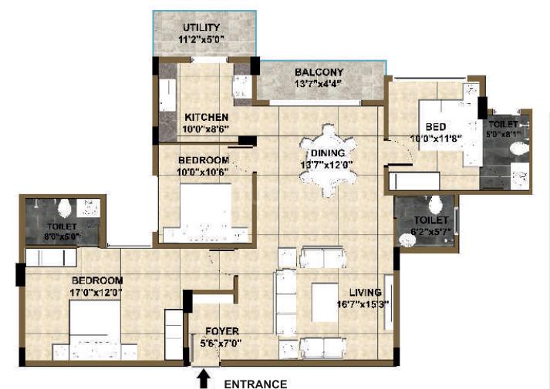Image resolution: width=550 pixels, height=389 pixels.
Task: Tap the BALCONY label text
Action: pos(319,72)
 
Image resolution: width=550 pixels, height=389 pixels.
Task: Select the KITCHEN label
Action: pos(207,117)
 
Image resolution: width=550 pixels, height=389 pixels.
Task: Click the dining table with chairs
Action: pos(329,161)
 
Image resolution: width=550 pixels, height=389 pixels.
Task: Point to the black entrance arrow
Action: pos(204,380)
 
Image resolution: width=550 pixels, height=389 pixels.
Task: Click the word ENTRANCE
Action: pos(255,384)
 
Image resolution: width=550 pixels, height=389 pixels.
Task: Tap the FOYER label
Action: pos(222,331)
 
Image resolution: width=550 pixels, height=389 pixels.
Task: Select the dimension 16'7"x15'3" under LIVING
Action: pos(363,304)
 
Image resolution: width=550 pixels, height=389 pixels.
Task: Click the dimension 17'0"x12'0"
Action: pos(96,293)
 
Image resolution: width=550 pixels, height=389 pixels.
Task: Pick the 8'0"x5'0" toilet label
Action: pos(62,236)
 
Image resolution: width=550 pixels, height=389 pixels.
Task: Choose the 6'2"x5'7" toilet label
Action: pos(430,231)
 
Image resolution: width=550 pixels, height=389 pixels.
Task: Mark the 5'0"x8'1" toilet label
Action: pos(504,134)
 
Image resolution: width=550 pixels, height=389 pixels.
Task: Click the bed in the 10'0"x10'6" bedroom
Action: pos(206,213)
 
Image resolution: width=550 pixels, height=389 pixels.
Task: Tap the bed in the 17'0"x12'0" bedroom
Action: pos(95,330)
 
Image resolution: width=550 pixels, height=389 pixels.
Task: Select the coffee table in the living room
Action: pos(326,303)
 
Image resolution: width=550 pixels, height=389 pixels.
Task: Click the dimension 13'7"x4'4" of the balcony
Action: pos(319,84)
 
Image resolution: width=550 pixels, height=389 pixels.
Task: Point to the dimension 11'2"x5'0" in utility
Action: pos(201,39)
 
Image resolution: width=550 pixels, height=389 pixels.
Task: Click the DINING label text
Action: pos(328,153)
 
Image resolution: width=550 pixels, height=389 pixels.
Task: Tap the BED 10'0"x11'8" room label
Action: pos(436,132)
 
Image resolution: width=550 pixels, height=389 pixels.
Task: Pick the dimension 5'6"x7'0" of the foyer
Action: pos(221,344)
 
